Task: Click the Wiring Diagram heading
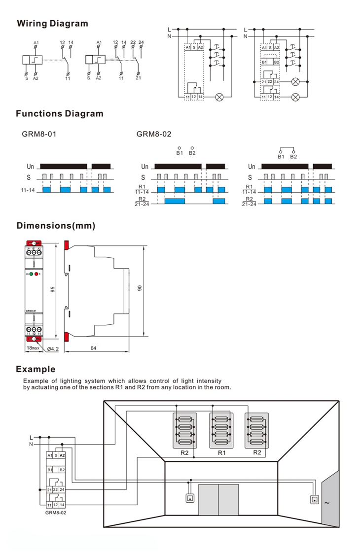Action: click(53, 24)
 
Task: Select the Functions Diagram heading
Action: click(60, 114)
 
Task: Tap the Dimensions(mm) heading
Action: click(56, 226)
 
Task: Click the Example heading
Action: click(36, 369)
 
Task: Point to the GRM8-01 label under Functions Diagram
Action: click(39, 134)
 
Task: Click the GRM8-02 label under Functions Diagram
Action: click(154, 134)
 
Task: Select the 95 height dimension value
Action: click(52, 289)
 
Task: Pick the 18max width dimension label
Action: click(33, 348)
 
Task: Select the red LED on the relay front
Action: click(36, 273)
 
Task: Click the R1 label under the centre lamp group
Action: click(221, 452)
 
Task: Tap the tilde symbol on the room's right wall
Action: click(326, 503)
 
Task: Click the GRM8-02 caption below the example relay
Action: click(56, 513)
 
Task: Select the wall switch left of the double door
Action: click(189, 498)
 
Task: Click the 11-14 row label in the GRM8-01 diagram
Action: click(28, 189)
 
